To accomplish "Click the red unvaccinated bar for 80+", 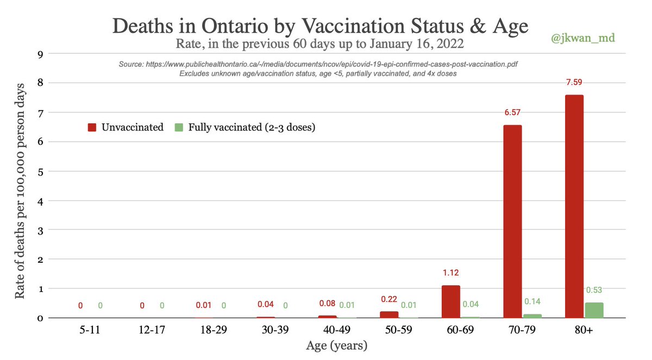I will coord(574,206).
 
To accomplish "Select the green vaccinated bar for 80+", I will coord(594,310).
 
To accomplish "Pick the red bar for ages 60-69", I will coord(450,301).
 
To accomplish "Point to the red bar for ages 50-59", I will coord(388,314).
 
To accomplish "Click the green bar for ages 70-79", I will coord(532,315).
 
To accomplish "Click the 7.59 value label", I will coord(574,83).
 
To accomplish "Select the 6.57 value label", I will coord(512,113).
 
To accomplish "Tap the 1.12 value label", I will coord(450,273).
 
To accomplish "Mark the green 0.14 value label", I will coord(532,301).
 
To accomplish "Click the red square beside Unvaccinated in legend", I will coord(92,128).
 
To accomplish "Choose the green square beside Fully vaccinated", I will coord(178,128).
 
